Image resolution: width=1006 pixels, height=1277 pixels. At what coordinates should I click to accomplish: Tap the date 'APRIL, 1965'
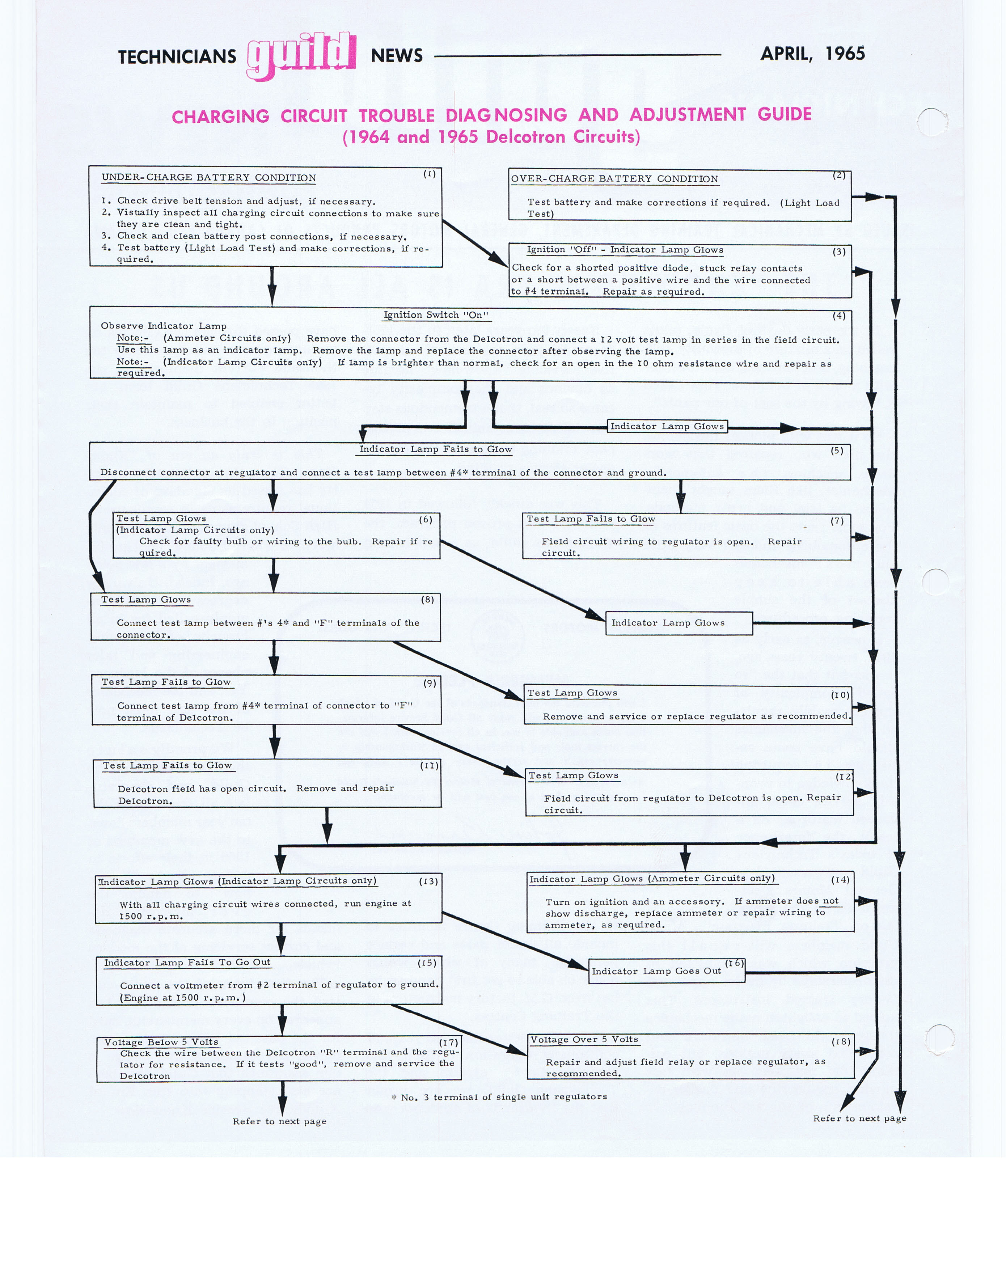point(812,54)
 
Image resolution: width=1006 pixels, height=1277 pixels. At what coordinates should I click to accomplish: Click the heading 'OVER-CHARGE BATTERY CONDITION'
point(614,179)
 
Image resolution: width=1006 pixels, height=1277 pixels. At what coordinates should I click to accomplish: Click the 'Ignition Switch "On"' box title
point(436,315)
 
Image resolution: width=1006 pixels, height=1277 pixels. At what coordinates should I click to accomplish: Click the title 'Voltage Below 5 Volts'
point(161,1042)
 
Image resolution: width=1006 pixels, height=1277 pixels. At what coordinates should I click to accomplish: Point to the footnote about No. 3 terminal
point(499,1097)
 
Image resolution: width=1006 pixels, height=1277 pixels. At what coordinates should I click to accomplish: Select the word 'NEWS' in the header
point(396,56)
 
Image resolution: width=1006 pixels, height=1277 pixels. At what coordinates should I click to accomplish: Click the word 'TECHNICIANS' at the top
point(177,57)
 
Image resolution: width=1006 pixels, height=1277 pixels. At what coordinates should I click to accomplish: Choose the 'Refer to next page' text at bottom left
point(279,1121)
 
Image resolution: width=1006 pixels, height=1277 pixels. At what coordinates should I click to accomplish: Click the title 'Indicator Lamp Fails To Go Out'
point(187,963)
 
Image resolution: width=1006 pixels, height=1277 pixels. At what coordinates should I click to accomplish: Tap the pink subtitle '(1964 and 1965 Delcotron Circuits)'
point(491,137)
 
